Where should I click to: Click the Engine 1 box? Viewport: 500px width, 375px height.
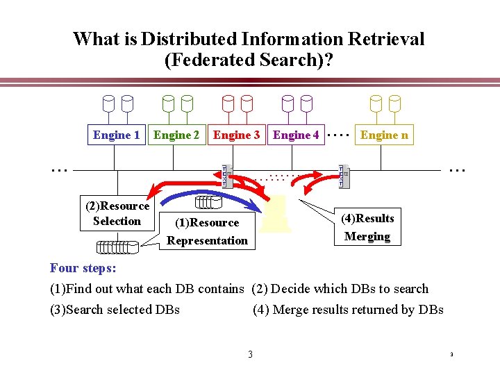click(x=117, y=135)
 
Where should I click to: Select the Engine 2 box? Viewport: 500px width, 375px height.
click(x=176, y=135)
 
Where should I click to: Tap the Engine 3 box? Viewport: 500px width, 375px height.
click(x=236, y=135)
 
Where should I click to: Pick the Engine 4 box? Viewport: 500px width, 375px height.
click(x=296, y=135)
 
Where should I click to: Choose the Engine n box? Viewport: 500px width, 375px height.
click(x=384, y=135)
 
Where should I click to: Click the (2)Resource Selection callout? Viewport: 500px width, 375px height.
click(x=117, y=213)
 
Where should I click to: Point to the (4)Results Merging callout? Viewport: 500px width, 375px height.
click(x=367, y=227)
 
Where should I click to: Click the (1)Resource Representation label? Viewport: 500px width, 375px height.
click(x=207, y=232)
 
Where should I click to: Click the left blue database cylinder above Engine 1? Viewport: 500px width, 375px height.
click(x=108, y=104)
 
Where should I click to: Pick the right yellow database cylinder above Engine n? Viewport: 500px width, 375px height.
click(x=394, y=104)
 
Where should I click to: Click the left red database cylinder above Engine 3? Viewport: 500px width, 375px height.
click(x=228, y=104)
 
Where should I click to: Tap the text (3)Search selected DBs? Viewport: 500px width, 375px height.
click(x=115, y=310)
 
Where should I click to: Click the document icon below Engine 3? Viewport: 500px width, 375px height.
click(x=225, y=176)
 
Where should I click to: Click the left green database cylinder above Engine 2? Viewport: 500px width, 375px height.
click(x=168, y=104)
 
